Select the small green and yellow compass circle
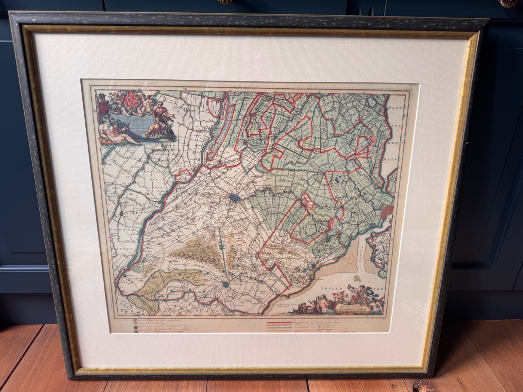coord(357,278)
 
